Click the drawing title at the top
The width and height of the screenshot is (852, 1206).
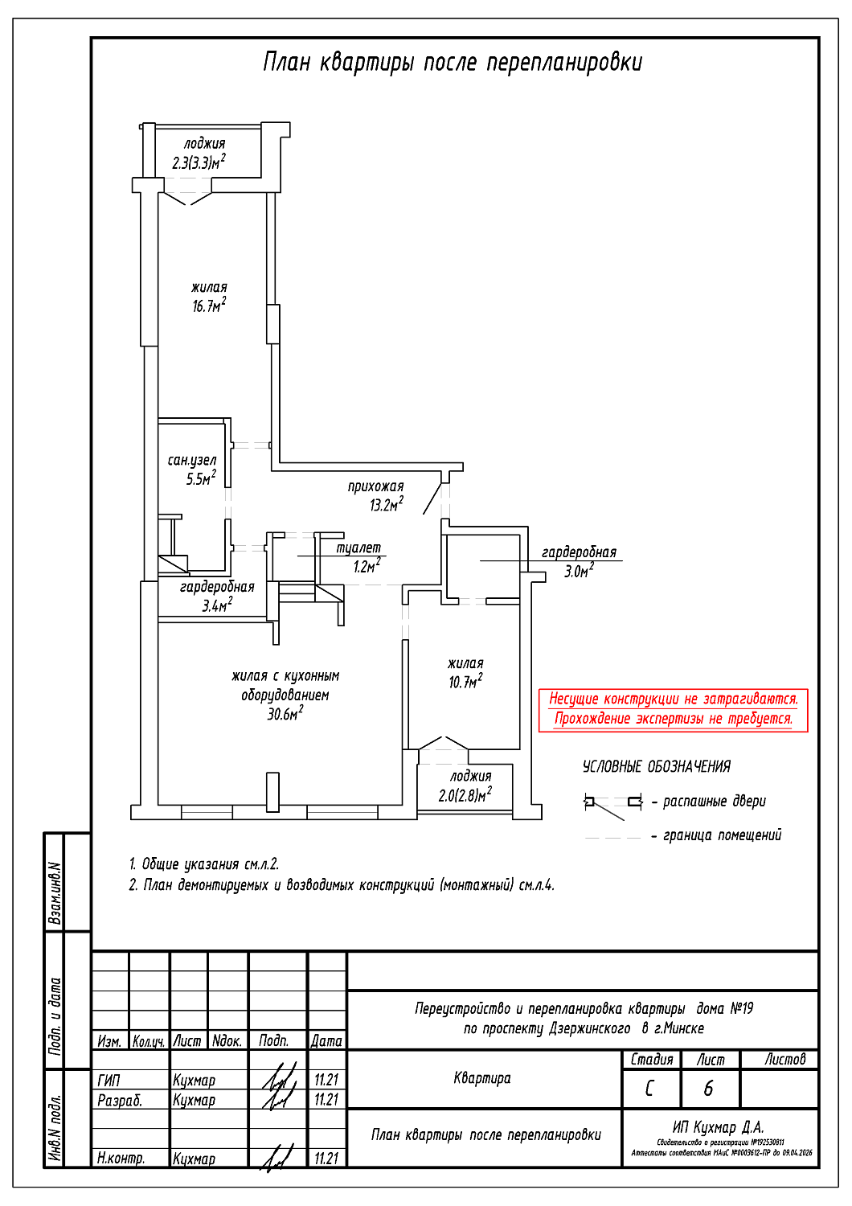pyautogui.click(x=453, y=63)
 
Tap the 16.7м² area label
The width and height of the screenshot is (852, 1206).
pyautogui.click(x=209, y=306)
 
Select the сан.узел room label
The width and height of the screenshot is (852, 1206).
pyautogui.click(x=192, y=461)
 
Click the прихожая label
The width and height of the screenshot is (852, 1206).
pyautogui.click(x=375, y=486)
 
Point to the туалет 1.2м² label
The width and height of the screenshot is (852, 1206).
pyautogui.click(x=359, y=557)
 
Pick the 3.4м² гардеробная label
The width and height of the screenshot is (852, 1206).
pyautogui.click(x=217, y=597)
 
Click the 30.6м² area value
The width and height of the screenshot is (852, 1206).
pyautogui.click(x=285, y=714)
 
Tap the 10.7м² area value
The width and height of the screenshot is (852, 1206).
pyautogui.click(x=465, y=682)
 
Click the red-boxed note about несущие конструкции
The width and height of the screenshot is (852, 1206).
pyautogui.click(x=674, y=709)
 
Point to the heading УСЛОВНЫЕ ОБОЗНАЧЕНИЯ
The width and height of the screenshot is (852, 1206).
pyautogui.click(x=657, y=767)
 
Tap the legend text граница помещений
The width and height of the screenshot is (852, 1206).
pyautogui.click(x=722, y=835)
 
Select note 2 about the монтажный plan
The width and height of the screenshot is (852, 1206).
pyautogui.click(x=342, y=885)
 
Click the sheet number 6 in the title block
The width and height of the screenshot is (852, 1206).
pyautogui.click(x=708, y=1089)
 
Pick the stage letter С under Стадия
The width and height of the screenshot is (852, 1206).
pyautogui.click(x=649, y=1089)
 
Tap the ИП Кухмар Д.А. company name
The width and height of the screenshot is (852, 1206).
pyautogui.click(x=719, y=1127)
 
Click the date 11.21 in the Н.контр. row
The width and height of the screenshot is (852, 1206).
pyautogui.click(x=326, y=1159)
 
